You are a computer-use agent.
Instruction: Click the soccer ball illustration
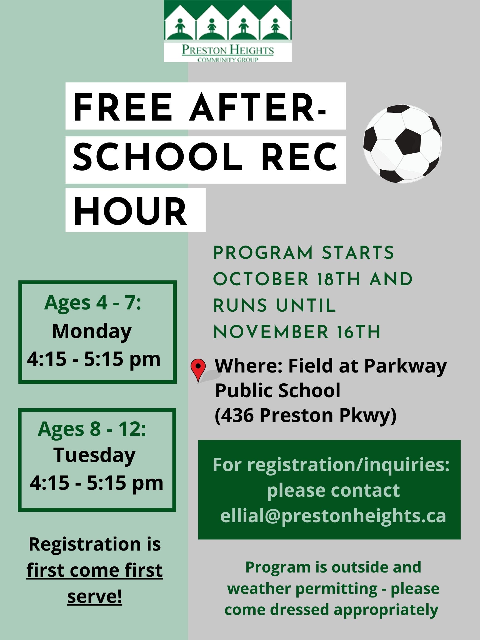[x=402, y=144]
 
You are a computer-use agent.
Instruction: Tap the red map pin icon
[x=198, y=371]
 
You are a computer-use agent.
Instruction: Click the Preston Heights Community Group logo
[x=228, y=31]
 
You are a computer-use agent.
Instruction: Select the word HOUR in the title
[x=130, y=210]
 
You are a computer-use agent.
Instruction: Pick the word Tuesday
[x=94, y=455]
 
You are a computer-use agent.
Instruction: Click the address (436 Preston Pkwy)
[x=306, y=416]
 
